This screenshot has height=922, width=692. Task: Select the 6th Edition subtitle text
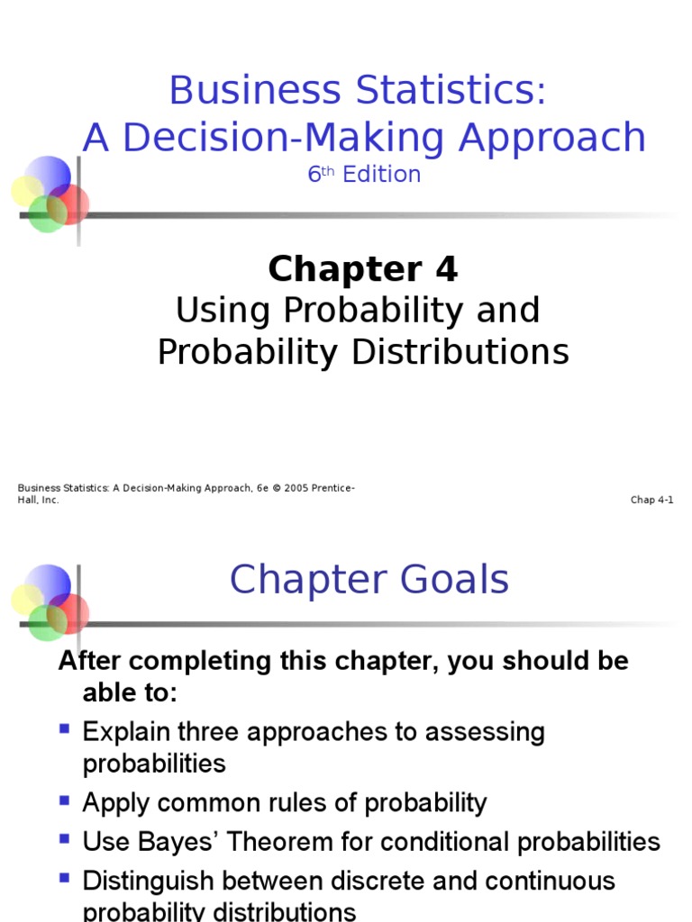click(x=364, y=175)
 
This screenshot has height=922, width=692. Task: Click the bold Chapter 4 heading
click(x=363, y=268)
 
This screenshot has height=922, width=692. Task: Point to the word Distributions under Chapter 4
click(x=460, y=352)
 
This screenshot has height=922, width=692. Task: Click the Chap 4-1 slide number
click(x=651, y=500)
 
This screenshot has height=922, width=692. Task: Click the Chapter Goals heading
click(x=369, y=580)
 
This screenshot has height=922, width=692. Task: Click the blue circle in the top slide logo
click(x=48, y=173)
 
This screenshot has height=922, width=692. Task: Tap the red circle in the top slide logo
click(x=70, y=203)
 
